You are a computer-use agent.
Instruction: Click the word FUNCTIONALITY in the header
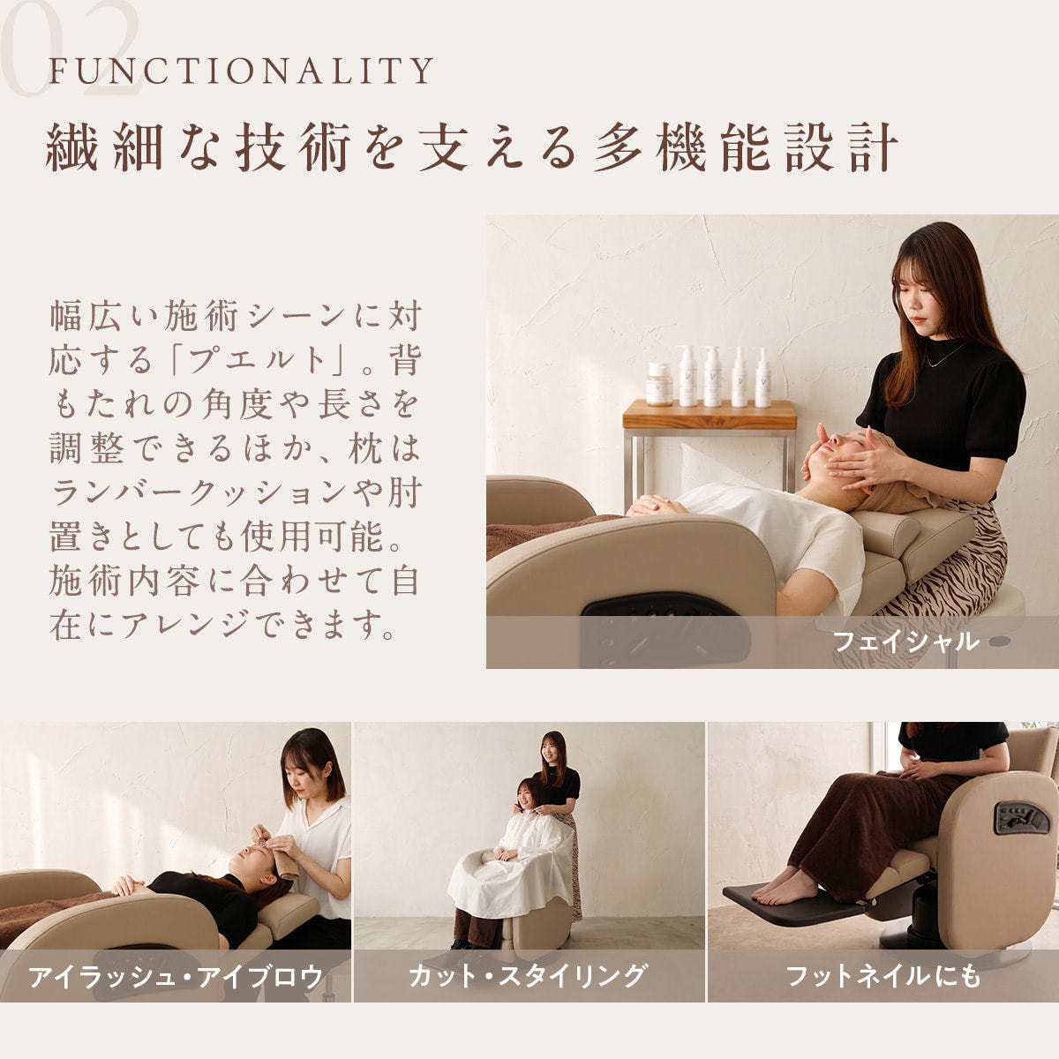coord(241,70)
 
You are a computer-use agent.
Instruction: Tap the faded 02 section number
coord(71,49)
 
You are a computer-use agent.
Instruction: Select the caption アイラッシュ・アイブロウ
coord(176,976)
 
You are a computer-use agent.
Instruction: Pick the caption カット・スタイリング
coord(527,975)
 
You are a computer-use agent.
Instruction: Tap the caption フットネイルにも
coord(883,976)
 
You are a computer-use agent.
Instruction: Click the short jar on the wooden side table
coord(659,383)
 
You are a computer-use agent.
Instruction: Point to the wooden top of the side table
coord(710,415)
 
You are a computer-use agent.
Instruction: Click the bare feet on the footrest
coord(783,887)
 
